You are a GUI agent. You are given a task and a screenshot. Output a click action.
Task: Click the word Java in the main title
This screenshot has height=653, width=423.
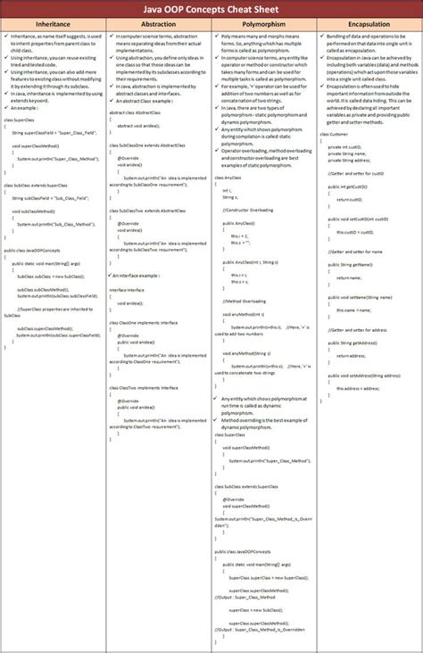[163, 9]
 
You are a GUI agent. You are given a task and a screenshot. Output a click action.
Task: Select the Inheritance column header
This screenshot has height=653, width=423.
[53, 26]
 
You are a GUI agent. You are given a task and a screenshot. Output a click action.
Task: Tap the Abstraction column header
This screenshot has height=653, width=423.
[158, 26]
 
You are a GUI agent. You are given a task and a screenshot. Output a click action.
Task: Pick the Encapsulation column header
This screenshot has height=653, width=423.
[369, 26]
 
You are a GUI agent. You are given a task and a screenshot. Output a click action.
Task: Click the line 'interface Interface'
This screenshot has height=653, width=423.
[127, 290]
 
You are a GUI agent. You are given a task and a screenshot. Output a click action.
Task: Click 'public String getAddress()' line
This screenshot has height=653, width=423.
[352, 343]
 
